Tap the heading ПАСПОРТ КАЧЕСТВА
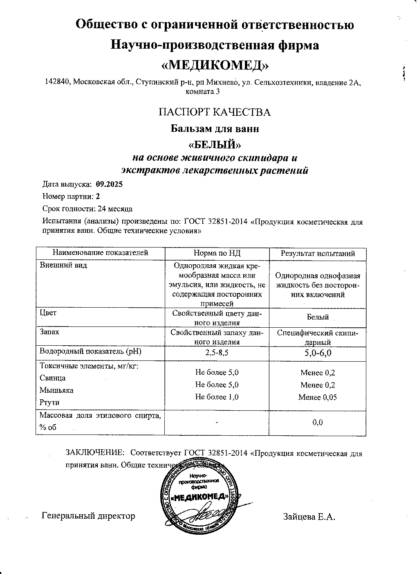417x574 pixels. click(215, 113)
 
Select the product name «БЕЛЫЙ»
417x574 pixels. click(215, 144)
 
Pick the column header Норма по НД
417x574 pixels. click(217, 254)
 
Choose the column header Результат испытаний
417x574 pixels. click(318, 254)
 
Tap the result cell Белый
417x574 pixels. click(318, 317)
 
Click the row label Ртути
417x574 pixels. click(49, 403)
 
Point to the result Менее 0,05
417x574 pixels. click(318, 397)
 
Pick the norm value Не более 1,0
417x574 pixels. click(217, 397)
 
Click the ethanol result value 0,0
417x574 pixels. click(318, 423)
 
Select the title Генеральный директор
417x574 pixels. click(88, 516)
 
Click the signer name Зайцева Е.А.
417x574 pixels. click(309, 517)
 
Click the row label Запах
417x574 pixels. click(49, 332)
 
